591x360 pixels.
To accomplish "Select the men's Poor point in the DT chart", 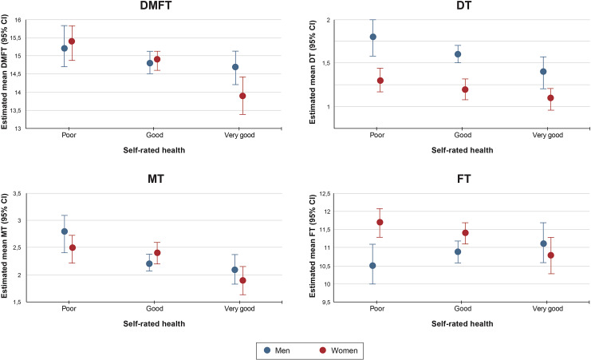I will point(372,37).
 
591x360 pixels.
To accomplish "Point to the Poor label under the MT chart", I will point(69,304).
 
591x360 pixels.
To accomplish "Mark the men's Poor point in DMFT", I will point(65,48).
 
